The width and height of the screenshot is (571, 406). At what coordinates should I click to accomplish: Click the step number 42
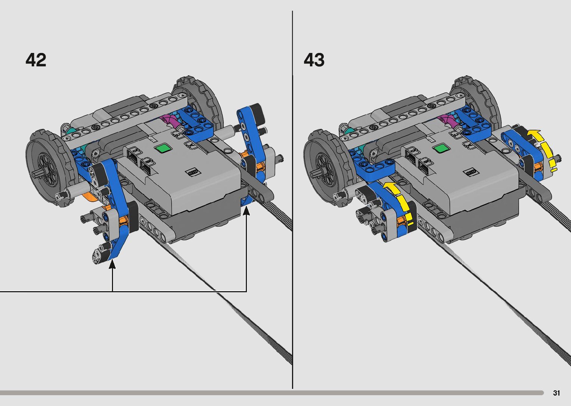[36, 60]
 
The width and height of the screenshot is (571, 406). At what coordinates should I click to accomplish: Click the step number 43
[314, 60]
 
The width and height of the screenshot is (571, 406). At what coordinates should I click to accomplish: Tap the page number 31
[556, 393]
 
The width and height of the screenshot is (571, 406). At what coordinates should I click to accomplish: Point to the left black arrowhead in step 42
[112, 264]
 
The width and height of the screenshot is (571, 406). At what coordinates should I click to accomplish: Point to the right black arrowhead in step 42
[246, 211]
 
